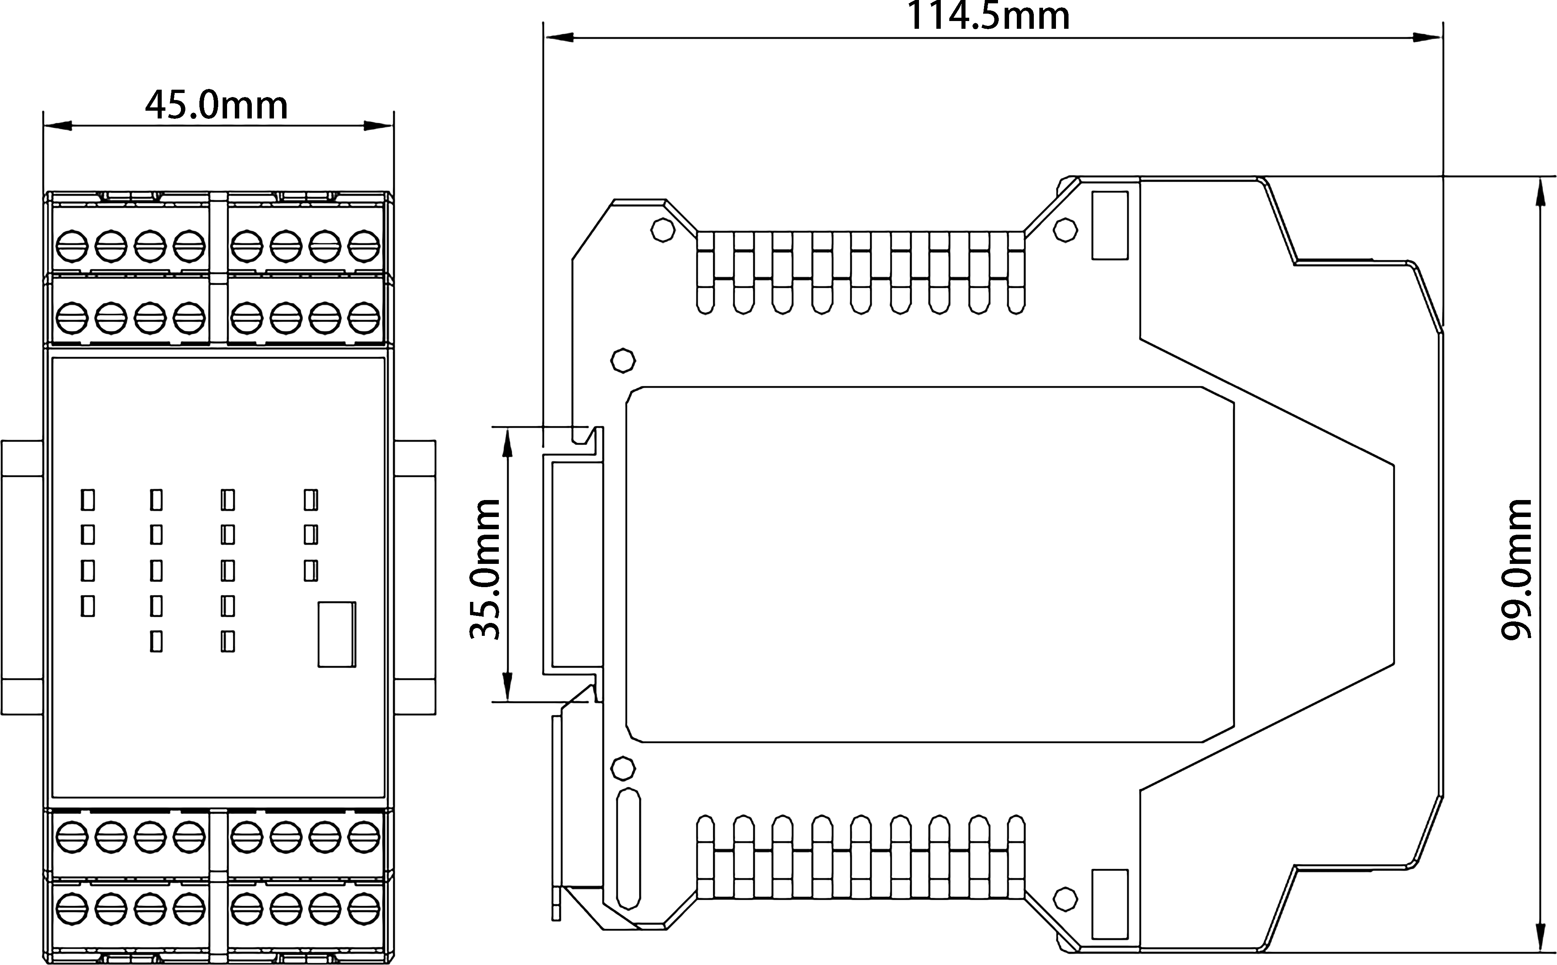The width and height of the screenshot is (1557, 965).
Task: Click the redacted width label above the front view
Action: (x=216, y=103)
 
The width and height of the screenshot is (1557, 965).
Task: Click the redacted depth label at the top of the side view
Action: (x=988, y=14)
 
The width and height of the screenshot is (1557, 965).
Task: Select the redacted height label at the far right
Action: (x=1516, y=570)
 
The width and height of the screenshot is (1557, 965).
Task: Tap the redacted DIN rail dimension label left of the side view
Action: (x=484, y=570)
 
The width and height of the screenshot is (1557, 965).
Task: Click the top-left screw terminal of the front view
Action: (x=72, y=246)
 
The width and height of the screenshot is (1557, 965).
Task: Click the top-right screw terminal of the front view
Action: (x=364, y=246)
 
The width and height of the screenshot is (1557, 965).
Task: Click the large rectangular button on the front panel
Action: (x=336, y=634)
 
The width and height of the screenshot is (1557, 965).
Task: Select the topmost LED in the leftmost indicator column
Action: (x=88, y=500)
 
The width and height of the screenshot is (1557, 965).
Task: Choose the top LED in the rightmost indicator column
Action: (x=311, y=500)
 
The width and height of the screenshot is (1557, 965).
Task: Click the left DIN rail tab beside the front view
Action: (x=22, y=578)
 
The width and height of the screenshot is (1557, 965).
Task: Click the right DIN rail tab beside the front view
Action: (x=415, y=578)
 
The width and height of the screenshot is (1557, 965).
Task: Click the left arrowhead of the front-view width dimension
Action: (x=58, y=126)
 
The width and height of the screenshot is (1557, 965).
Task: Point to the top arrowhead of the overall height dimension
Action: (x=1540, y=192)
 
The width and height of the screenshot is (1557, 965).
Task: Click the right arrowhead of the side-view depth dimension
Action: (x=1427, y=38)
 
